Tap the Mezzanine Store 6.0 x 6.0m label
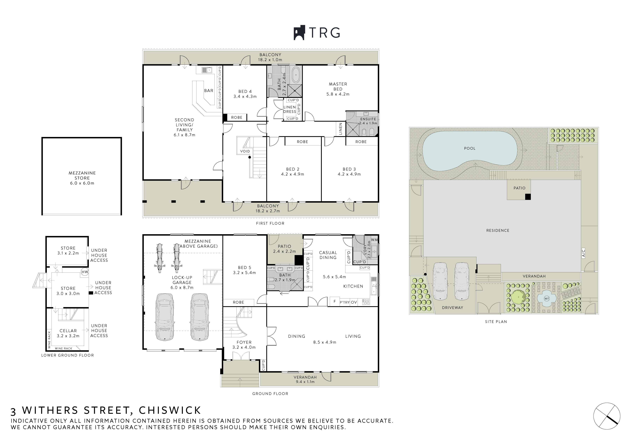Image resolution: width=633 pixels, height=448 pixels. point(82,178)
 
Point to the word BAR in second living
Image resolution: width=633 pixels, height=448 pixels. point(209,90)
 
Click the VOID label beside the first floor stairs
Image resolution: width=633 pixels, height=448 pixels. point(245,151)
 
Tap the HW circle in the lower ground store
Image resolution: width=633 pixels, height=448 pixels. point(85,272)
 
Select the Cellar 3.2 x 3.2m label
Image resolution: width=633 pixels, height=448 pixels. point(68,333)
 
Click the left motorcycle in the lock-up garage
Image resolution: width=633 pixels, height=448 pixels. point(159,258)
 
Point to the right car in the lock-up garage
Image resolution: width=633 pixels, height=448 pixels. point(199,317)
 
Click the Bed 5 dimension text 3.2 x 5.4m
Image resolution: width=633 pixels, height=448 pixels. point(244,272)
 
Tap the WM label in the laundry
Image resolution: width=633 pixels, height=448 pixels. point(374,240)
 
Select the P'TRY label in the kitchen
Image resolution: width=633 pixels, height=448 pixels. point(344,302)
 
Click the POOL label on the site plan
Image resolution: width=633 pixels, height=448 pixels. point(469,148)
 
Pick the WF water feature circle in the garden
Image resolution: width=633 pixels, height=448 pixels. point(546,299)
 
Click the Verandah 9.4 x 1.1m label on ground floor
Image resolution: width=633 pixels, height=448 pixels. point(305,379)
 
